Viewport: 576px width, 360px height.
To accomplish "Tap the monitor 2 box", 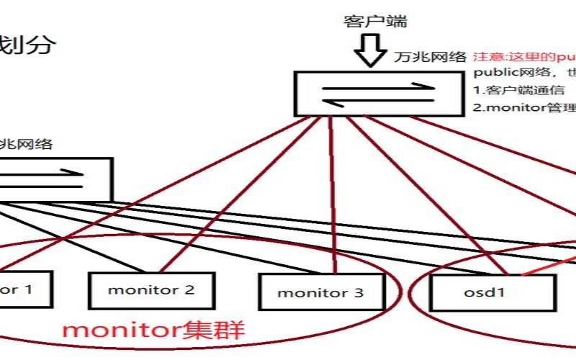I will [151, 291].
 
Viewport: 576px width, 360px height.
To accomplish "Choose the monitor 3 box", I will [320, 292].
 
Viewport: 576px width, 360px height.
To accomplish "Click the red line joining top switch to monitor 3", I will [332, 194].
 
